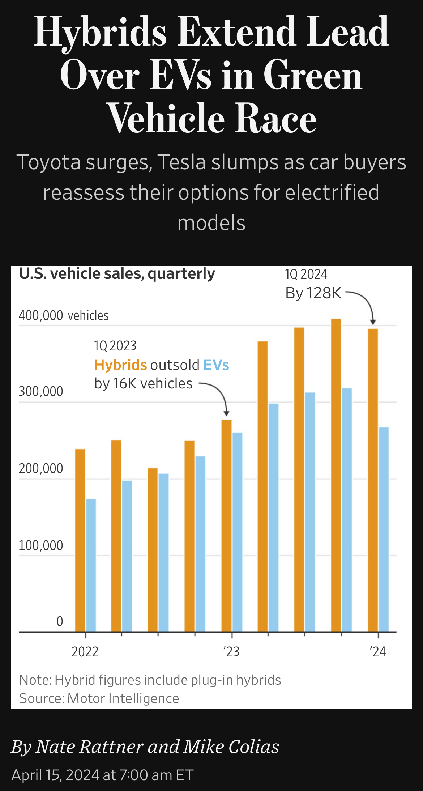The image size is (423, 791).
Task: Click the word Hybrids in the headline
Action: (x=100, y=33)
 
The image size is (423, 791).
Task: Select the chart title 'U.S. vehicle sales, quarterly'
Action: (x=117, y=274)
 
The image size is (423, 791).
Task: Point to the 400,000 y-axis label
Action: (x=41, y=315)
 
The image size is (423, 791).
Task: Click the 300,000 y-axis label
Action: (x=41, y=391)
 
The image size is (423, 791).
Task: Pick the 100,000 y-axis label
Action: (x=41, y=545)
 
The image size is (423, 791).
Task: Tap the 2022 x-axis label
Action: (x=85, y=652)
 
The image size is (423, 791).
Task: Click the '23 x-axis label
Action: (x=231, y=652)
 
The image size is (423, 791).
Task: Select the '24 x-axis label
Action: (x=378, y=652)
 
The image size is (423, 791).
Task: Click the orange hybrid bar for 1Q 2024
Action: (x=373, y=481)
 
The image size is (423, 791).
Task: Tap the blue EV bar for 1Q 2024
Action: (x=384, y=530)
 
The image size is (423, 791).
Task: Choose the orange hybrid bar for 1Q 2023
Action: (x=226, y=526)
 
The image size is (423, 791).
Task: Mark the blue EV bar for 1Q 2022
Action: (x=91, y=566)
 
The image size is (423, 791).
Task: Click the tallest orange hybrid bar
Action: (x=336, y=476)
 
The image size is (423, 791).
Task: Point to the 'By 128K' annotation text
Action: (x=313, y=293)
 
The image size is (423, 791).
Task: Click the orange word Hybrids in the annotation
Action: (x=120, y=365)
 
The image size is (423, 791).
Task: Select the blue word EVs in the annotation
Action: (x=216, y=365)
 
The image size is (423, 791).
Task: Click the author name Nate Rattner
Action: (x=89, y=747)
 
